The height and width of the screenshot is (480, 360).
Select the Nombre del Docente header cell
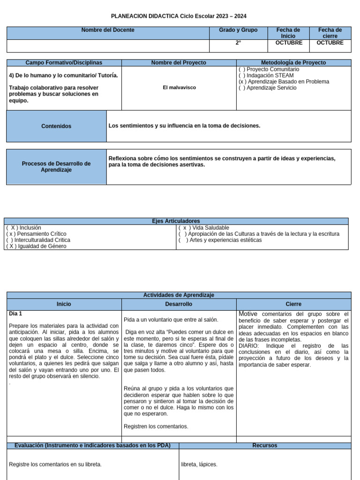click(108, 30)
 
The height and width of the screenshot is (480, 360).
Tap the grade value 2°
click(238, 43)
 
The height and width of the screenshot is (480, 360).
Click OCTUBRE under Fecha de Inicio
click(289, 43)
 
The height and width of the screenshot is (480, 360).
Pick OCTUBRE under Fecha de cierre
click(330, 43)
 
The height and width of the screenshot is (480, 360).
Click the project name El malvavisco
click(180, 88)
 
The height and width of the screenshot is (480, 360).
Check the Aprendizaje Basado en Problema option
click(284, 82)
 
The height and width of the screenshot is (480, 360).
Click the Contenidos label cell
click(56, 126)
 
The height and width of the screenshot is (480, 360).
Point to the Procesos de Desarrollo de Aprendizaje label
click(56, 166)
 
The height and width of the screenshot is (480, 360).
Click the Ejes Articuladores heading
click(176, 221)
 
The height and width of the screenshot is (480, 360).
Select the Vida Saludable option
click(204, 228)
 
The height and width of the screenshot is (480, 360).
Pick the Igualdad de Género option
click(37, 246)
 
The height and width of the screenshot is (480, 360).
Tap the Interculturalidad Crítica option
click(38, 240)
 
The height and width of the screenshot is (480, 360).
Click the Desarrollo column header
click(179, 304)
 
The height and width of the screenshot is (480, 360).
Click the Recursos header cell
click(265, 445)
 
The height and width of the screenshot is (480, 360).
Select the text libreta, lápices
click(199, 465)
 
